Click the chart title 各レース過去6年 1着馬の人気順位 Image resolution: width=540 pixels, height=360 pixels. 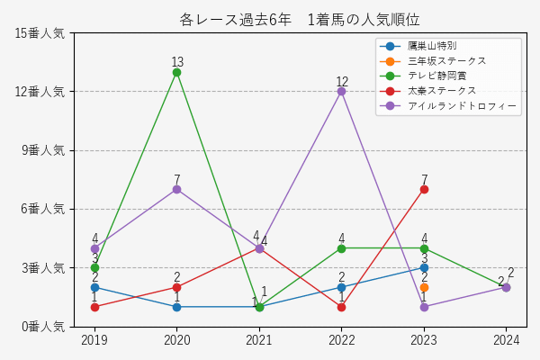[x=299, y=20]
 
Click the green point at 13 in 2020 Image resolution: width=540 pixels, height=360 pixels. [x=176, y=72]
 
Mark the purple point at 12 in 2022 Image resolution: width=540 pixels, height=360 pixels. [x=341, y=91]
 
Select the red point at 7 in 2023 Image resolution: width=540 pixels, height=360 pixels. [x=424, y=189]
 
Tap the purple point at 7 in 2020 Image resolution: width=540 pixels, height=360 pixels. [x=176, y=189]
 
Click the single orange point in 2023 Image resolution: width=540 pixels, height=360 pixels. [x=424, y=287]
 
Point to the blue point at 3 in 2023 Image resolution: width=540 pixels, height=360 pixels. [x=424, y=267]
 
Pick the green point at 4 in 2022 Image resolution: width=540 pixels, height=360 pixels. [x=341, y=248]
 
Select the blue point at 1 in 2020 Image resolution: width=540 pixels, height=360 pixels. [x=176, y=307]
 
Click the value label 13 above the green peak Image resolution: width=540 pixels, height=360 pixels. [x=177, y=62]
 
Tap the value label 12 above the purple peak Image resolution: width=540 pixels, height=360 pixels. [x=342, y=82]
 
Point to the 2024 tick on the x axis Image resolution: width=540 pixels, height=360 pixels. [x=506, y=340]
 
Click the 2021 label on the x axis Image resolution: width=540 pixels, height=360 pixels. [x=259, y=340]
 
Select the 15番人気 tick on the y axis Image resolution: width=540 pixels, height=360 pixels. [x=40, y=33]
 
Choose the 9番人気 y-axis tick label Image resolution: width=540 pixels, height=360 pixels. [x=42, y=150]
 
